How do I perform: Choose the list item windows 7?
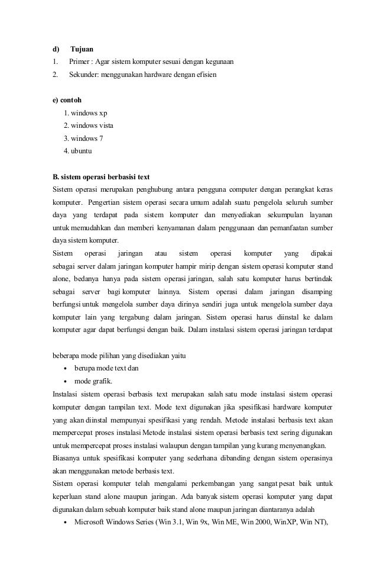(84, 138)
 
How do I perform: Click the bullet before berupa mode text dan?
(65, 369)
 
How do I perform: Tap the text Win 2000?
(257, 523)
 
